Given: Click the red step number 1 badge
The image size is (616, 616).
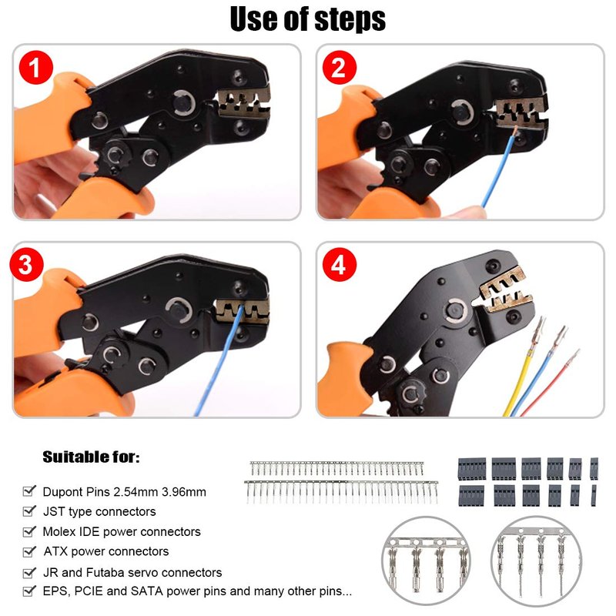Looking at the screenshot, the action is pyautogui.click(x=35, y=67).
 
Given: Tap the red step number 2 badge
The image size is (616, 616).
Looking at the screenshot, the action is pyautogui.click(x=339, y=67).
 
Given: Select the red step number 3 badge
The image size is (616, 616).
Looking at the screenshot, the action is pyautogui.click(x=26, y=264).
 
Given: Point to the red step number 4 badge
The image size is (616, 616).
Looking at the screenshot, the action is pyautogui.click(x=339, y=264).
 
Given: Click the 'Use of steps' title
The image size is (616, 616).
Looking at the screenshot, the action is pyautogui.click(x=307, y=18).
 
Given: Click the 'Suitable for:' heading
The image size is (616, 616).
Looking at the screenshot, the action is pyautogui.click(x=91, y=457).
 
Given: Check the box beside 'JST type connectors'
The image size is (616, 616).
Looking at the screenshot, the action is pyautogui.click(x=29, y=511).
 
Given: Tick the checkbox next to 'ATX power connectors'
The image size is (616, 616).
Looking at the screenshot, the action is pyautogui.click(x=29, y=551).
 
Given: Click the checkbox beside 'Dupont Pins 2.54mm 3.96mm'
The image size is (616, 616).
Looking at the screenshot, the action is pyautogui.click(x=29, y=490).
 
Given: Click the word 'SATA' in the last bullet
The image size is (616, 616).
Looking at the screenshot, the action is pyautogui.click(x=147, y=591).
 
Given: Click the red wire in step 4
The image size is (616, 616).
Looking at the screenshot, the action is pyautogui.click(x=550, y=383).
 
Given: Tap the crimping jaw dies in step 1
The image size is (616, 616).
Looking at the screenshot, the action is pyautogui.click(x=244, y=103).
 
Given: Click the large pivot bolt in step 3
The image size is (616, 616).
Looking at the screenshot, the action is pyautogui.click(x=179, y=310).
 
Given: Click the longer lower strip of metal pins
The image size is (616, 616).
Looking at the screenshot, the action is pyautogui.click(x=341, y=492).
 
